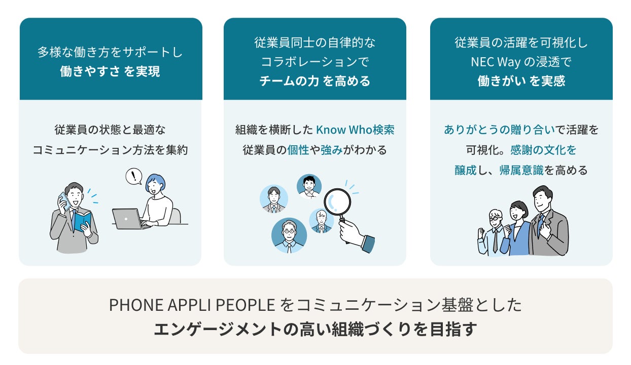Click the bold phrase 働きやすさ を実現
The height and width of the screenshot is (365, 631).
point(110,71)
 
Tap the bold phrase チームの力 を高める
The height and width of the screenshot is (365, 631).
point(314,81)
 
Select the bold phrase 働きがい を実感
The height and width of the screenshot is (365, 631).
point(521,81)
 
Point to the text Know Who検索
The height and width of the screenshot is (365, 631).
point(355,130)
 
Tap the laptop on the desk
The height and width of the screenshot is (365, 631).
point(127,218)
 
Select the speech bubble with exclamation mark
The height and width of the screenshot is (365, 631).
point(133,176)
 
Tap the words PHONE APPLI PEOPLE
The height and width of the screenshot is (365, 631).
point(191,305)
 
